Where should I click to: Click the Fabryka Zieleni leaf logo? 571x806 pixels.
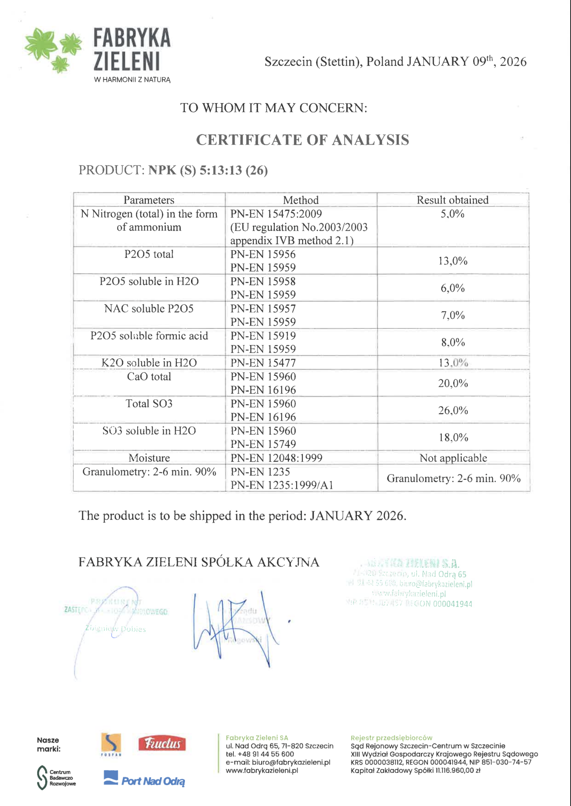pos(53,50)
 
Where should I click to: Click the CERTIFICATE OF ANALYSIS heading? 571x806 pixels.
pos(302,140)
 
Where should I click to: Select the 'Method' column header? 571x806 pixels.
pos(301,200)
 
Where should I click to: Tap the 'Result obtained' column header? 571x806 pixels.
pos(452,200)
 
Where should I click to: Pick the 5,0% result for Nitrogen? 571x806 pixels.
pos(452,214)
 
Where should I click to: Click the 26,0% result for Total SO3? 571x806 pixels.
pos(453,410)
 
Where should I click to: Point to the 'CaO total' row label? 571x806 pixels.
pos(149,377)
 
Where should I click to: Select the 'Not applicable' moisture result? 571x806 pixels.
pos(453,458)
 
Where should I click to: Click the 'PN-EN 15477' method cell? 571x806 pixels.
pos(263,363)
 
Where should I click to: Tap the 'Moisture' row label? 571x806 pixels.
pos(149,458)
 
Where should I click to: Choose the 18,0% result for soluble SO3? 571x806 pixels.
pos(453,438)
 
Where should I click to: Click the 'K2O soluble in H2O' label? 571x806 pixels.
pos(149,363)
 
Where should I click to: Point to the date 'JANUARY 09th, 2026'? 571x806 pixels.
pos(466,62)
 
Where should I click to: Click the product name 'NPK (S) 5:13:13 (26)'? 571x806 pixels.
pos(208,170)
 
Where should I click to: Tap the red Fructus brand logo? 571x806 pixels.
pos(162,744)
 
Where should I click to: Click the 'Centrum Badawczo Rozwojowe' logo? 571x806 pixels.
pos(56,777)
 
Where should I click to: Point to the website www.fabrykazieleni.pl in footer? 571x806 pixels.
pos(262,771)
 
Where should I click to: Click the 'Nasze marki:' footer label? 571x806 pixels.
pos(48,744)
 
